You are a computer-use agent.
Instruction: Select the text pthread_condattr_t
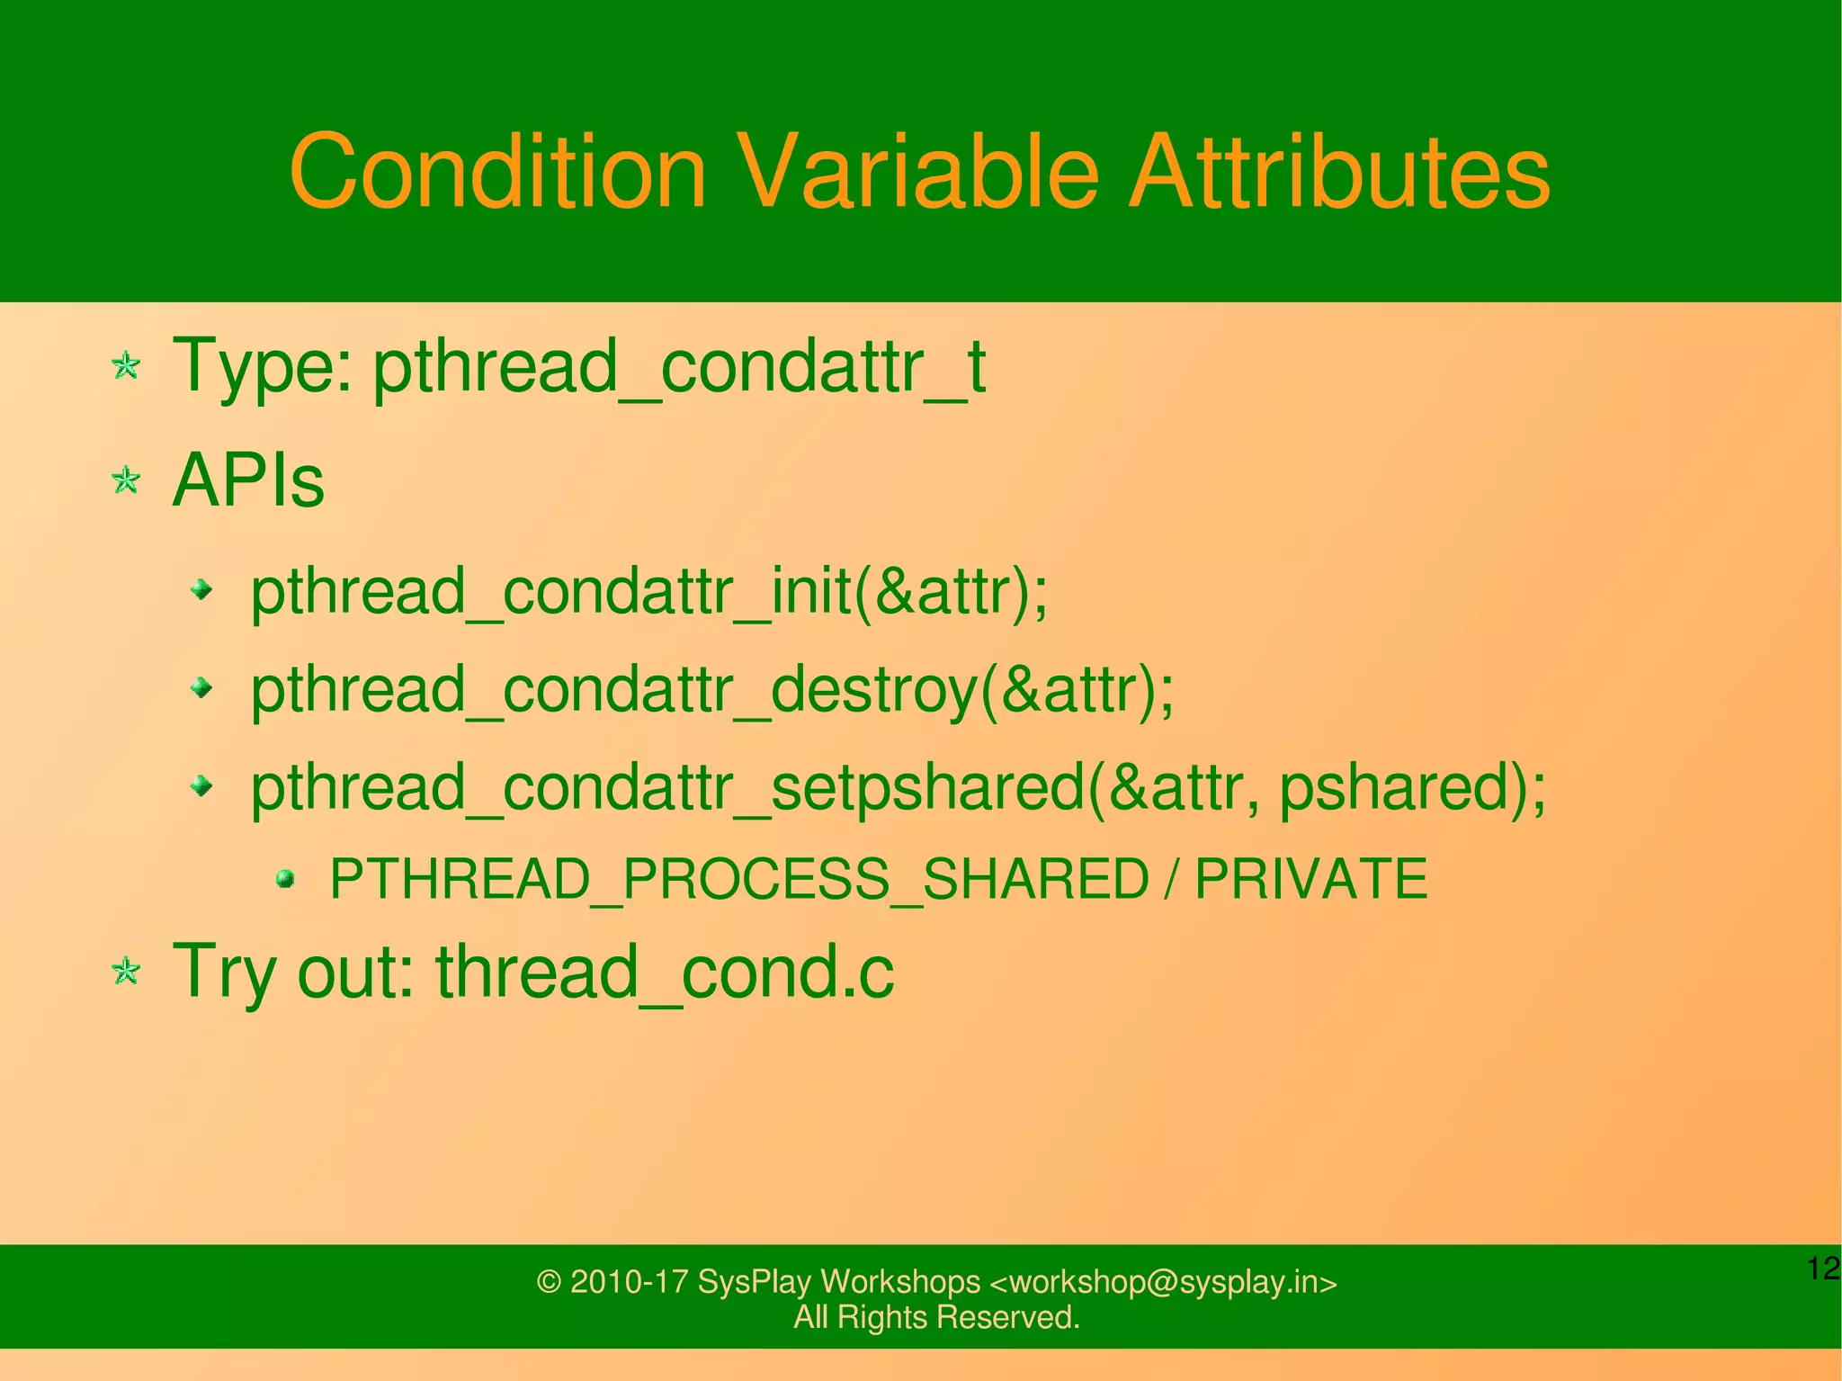[x=679, y=367]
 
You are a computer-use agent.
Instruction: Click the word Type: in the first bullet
[x=263, y=367]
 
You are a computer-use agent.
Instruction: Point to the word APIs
[x=248, y=481]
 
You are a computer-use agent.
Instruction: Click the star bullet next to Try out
[x=126, y=971]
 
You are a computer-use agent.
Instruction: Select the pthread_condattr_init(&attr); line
[x=648, y=593]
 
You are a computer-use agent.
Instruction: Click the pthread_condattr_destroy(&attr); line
[x=711, y=691]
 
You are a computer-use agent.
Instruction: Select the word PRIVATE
[x=1310, y=879]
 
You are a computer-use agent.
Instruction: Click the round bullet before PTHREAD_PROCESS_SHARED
[x=285, y=878]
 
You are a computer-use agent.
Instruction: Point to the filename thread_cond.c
[x=665, y=972]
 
